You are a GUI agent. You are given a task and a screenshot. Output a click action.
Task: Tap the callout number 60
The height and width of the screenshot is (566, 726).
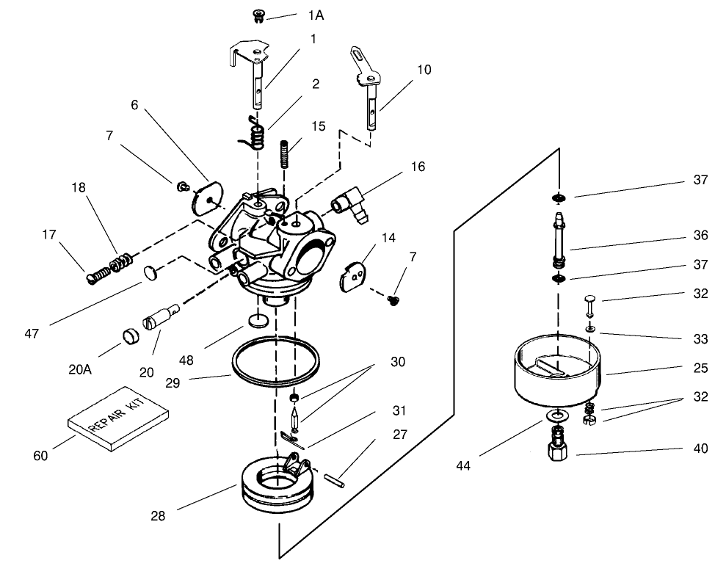click(40, 456)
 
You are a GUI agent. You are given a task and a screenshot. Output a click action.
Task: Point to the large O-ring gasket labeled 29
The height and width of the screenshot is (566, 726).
click(276, 361)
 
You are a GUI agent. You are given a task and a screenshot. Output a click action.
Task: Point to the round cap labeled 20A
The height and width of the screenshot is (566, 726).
click(130, 337)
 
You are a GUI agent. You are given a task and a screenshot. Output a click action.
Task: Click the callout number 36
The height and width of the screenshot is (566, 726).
click(700, 236)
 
